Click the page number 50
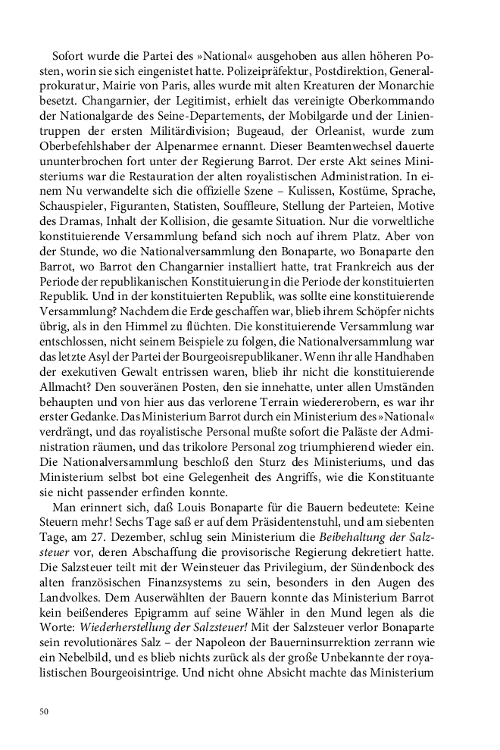pyautogui.click(x=43, y=711)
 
